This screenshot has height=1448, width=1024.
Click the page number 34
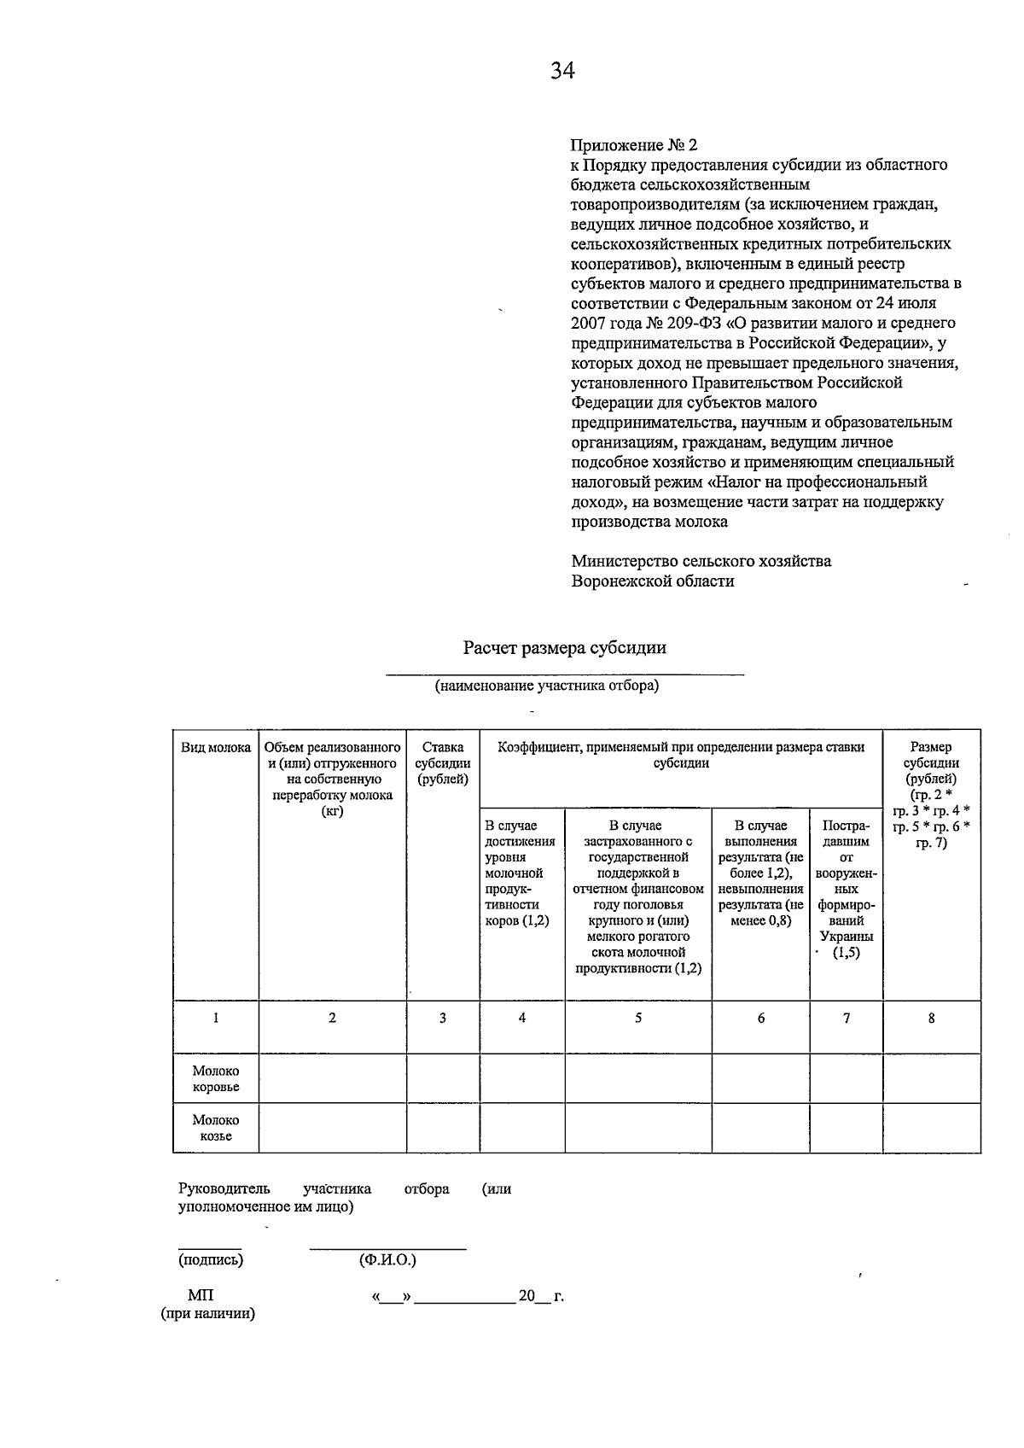coord(562,71)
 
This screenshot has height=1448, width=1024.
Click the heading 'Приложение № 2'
coord(628,145)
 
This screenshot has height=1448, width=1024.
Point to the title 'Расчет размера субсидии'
coord(564,647)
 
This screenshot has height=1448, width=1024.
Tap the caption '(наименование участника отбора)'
coord(546,686)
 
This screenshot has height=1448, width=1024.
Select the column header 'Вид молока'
coord(216,748)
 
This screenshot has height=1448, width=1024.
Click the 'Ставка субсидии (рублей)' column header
coord(443,763)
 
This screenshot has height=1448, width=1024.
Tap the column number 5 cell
coord(638,1018)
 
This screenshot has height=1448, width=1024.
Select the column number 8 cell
coord(931,1018)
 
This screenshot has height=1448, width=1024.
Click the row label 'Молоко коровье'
coord(216,1079)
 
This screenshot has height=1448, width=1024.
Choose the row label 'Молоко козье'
coord(216,1128)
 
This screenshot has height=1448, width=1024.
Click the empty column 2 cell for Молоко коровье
coord(332,1078)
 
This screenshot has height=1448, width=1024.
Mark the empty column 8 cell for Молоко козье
coord(931,1128)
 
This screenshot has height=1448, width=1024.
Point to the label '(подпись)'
coord(211,1259)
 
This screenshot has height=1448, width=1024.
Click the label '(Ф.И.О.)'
coord(387,1259)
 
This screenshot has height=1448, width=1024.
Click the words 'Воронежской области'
coord(653,581)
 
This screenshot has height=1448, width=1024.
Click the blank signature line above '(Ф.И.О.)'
coord(387,1248)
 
